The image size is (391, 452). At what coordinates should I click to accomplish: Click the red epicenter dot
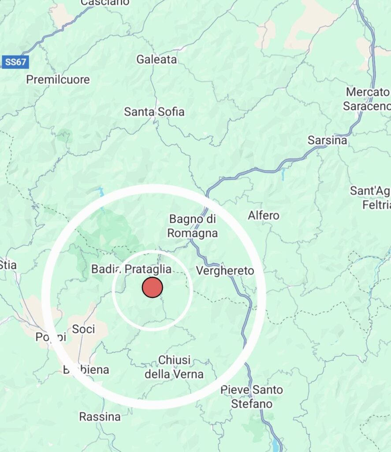153,287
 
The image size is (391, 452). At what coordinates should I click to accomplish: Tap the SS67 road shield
15,62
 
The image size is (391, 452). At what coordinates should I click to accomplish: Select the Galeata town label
156,59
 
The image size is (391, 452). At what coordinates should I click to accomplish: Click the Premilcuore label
58,80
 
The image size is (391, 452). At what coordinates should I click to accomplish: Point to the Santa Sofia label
154,112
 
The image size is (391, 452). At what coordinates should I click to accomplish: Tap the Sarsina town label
327,140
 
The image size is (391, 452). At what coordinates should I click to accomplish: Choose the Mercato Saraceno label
367,99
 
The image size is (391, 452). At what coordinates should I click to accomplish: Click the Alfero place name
264,215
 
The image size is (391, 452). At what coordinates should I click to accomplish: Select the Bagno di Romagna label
194,226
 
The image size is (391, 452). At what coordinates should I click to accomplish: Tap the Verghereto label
225,271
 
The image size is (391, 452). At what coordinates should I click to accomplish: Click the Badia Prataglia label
131,269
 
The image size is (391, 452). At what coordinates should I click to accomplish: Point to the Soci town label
83,329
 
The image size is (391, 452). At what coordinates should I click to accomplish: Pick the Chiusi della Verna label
174,367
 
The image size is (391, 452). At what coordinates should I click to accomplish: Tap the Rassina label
100,416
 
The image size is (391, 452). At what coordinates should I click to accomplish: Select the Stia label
7,265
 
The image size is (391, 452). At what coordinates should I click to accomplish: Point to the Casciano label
105,3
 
